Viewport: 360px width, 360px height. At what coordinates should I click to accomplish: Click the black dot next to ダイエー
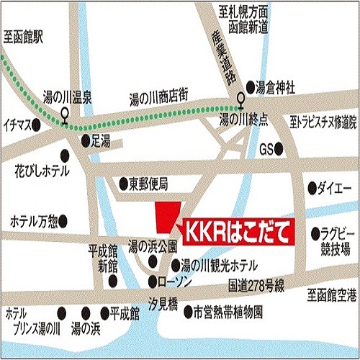click(312, 189)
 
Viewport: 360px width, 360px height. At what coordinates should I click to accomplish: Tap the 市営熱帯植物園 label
click(228, 313)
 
